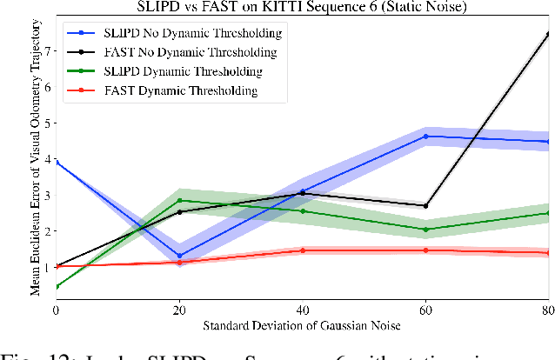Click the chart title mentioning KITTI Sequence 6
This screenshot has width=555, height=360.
(x=301, y=8)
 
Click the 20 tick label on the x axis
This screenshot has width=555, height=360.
(x=179, y=310)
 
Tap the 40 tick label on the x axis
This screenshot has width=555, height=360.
(x=302, y=310)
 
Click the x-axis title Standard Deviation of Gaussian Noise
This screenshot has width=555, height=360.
(x=302, y=327)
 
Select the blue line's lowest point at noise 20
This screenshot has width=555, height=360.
(x=179, y=256)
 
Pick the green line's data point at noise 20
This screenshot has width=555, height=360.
(x=179, y=201)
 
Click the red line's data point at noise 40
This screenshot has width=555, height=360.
(x=302, y=250)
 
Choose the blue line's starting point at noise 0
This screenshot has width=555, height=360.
(x=56, y=163)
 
